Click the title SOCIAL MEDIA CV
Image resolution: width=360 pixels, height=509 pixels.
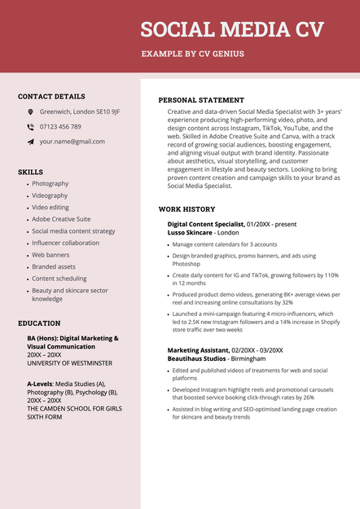(231, 30)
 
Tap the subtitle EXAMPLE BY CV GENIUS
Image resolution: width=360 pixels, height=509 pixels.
(192, 55)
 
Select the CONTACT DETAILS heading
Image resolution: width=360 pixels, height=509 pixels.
(51, 96)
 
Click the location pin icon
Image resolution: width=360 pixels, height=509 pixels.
(30, 112)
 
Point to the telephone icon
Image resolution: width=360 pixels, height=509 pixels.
(30, 127)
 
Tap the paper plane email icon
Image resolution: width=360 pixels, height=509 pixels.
(30, 142)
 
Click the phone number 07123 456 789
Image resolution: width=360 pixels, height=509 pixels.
(60, 127)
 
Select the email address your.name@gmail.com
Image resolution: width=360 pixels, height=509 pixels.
(72, 142)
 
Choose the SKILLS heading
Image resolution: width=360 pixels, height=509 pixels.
(30, 172)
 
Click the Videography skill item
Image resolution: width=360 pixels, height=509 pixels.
(50, 195)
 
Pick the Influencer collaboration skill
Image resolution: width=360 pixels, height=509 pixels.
(65, 243)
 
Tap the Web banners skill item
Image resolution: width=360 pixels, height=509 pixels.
(50, 255)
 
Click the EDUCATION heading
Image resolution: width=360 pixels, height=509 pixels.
(39, 323)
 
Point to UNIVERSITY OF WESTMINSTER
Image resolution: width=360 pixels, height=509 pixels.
(69, 363)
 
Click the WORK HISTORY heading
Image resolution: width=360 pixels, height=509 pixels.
(187, 209)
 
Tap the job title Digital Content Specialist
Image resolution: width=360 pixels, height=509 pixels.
(205, 224)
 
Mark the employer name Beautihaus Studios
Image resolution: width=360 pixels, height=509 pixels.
(197, 358)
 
